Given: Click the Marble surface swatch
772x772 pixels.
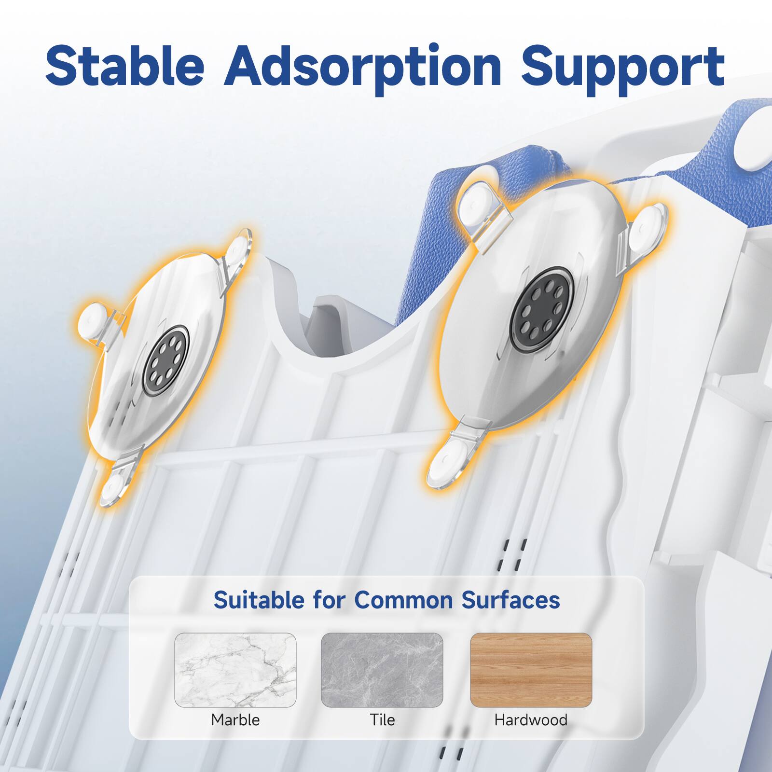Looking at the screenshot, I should pos(235,670).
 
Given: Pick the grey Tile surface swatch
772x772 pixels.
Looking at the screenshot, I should pos(382,670).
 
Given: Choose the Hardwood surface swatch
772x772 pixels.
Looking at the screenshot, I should pos(531,670).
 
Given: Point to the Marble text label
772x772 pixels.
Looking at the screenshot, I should pos(235,720).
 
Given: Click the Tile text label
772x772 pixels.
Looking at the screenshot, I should pos(382,720).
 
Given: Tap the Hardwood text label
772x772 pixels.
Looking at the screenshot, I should pos(531,720).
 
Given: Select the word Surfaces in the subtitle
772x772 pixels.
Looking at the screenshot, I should pos(510,600).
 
